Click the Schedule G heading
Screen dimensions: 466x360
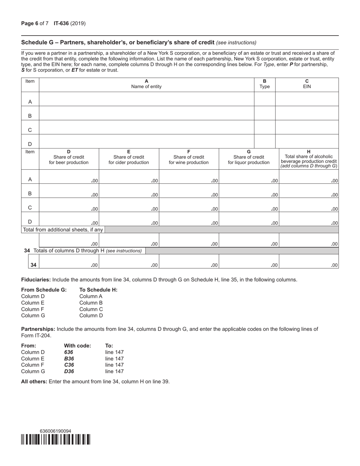pos(117,42)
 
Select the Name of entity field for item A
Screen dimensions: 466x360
pos(146,99)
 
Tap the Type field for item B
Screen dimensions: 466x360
pos(264,113)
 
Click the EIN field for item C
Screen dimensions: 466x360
pos(307,127)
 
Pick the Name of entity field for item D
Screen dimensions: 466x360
pos(146,142)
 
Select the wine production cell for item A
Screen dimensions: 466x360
pos(189,177)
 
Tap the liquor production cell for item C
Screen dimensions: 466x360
pos(249,205)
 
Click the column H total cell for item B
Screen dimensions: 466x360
pos(308,191)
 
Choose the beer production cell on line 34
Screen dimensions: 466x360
pos(69,261)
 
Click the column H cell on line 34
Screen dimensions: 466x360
pos(308,261)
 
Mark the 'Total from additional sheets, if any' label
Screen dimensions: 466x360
pos(63,230)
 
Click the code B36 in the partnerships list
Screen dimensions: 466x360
pos(69,358)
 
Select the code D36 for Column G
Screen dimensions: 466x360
pos(69,371)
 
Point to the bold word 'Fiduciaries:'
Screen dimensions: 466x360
pos(36,280)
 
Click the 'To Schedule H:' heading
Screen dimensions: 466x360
pos(98,290)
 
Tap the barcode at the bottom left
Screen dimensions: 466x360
pos(56,439)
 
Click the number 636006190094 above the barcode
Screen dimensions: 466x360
pos(55,431)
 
